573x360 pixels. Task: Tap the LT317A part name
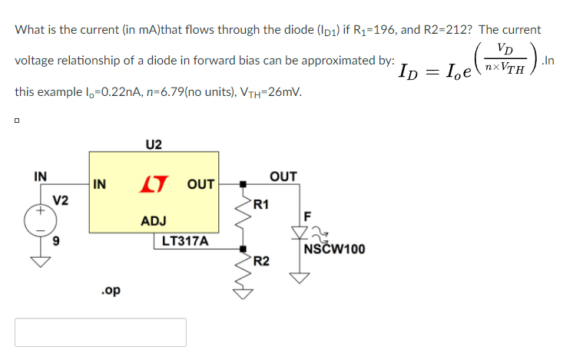tap(185, 241)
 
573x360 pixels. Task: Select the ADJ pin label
tap(154, 221)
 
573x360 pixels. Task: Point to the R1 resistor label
tap(261, 204)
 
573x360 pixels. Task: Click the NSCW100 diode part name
tap(334, 249)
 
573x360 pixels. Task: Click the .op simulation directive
tap(110, 291)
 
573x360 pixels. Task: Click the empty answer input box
tap(101, 332)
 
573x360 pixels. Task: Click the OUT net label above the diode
tap(283, 177)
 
